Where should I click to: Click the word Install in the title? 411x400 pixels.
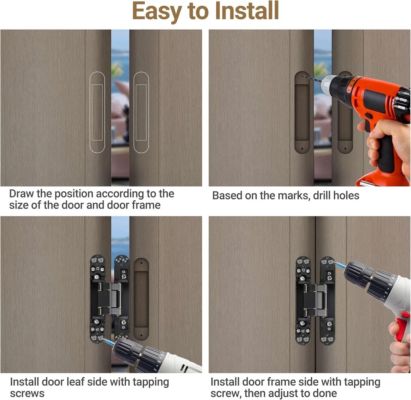(247, 11)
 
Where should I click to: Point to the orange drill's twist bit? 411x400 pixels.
(312, 79)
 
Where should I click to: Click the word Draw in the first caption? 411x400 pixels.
(21, 194)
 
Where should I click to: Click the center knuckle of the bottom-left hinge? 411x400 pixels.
(110, 299)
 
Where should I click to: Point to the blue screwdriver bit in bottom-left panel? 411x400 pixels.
(109, 342)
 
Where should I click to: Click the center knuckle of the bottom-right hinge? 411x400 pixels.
(315, 300)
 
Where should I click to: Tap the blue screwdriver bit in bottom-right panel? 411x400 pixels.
(339, 265)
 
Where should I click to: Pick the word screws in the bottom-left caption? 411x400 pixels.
(27, 394)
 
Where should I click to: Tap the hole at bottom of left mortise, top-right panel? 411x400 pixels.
(302, 149)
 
